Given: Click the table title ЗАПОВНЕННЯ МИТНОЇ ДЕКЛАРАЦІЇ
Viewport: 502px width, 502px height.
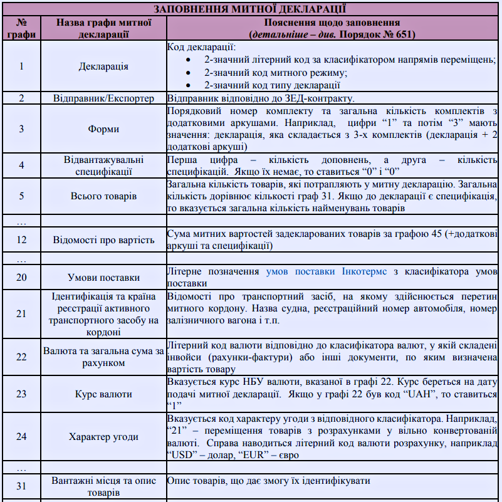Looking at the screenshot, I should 251,9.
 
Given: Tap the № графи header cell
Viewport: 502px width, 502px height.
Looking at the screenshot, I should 21,28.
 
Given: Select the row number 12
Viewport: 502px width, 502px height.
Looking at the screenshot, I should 21,239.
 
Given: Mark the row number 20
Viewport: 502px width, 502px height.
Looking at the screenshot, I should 21,277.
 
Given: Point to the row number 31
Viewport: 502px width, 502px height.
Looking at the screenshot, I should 21,486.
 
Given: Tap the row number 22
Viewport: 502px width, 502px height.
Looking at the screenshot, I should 21,357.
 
